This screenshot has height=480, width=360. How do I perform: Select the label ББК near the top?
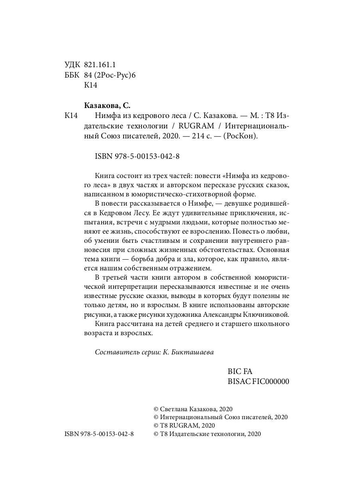[x=72, y=75]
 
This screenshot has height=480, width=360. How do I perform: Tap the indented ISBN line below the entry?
[x=137, y=156]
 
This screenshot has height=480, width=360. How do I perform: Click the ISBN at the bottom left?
[x=99, y=434]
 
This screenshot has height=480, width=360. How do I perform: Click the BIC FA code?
[x=240, y=371]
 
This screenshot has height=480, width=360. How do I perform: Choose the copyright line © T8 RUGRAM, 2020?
[x=184, y=426]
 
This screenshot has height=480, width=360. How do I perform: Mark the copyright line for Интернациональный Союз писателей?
[x=220, y=417]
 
